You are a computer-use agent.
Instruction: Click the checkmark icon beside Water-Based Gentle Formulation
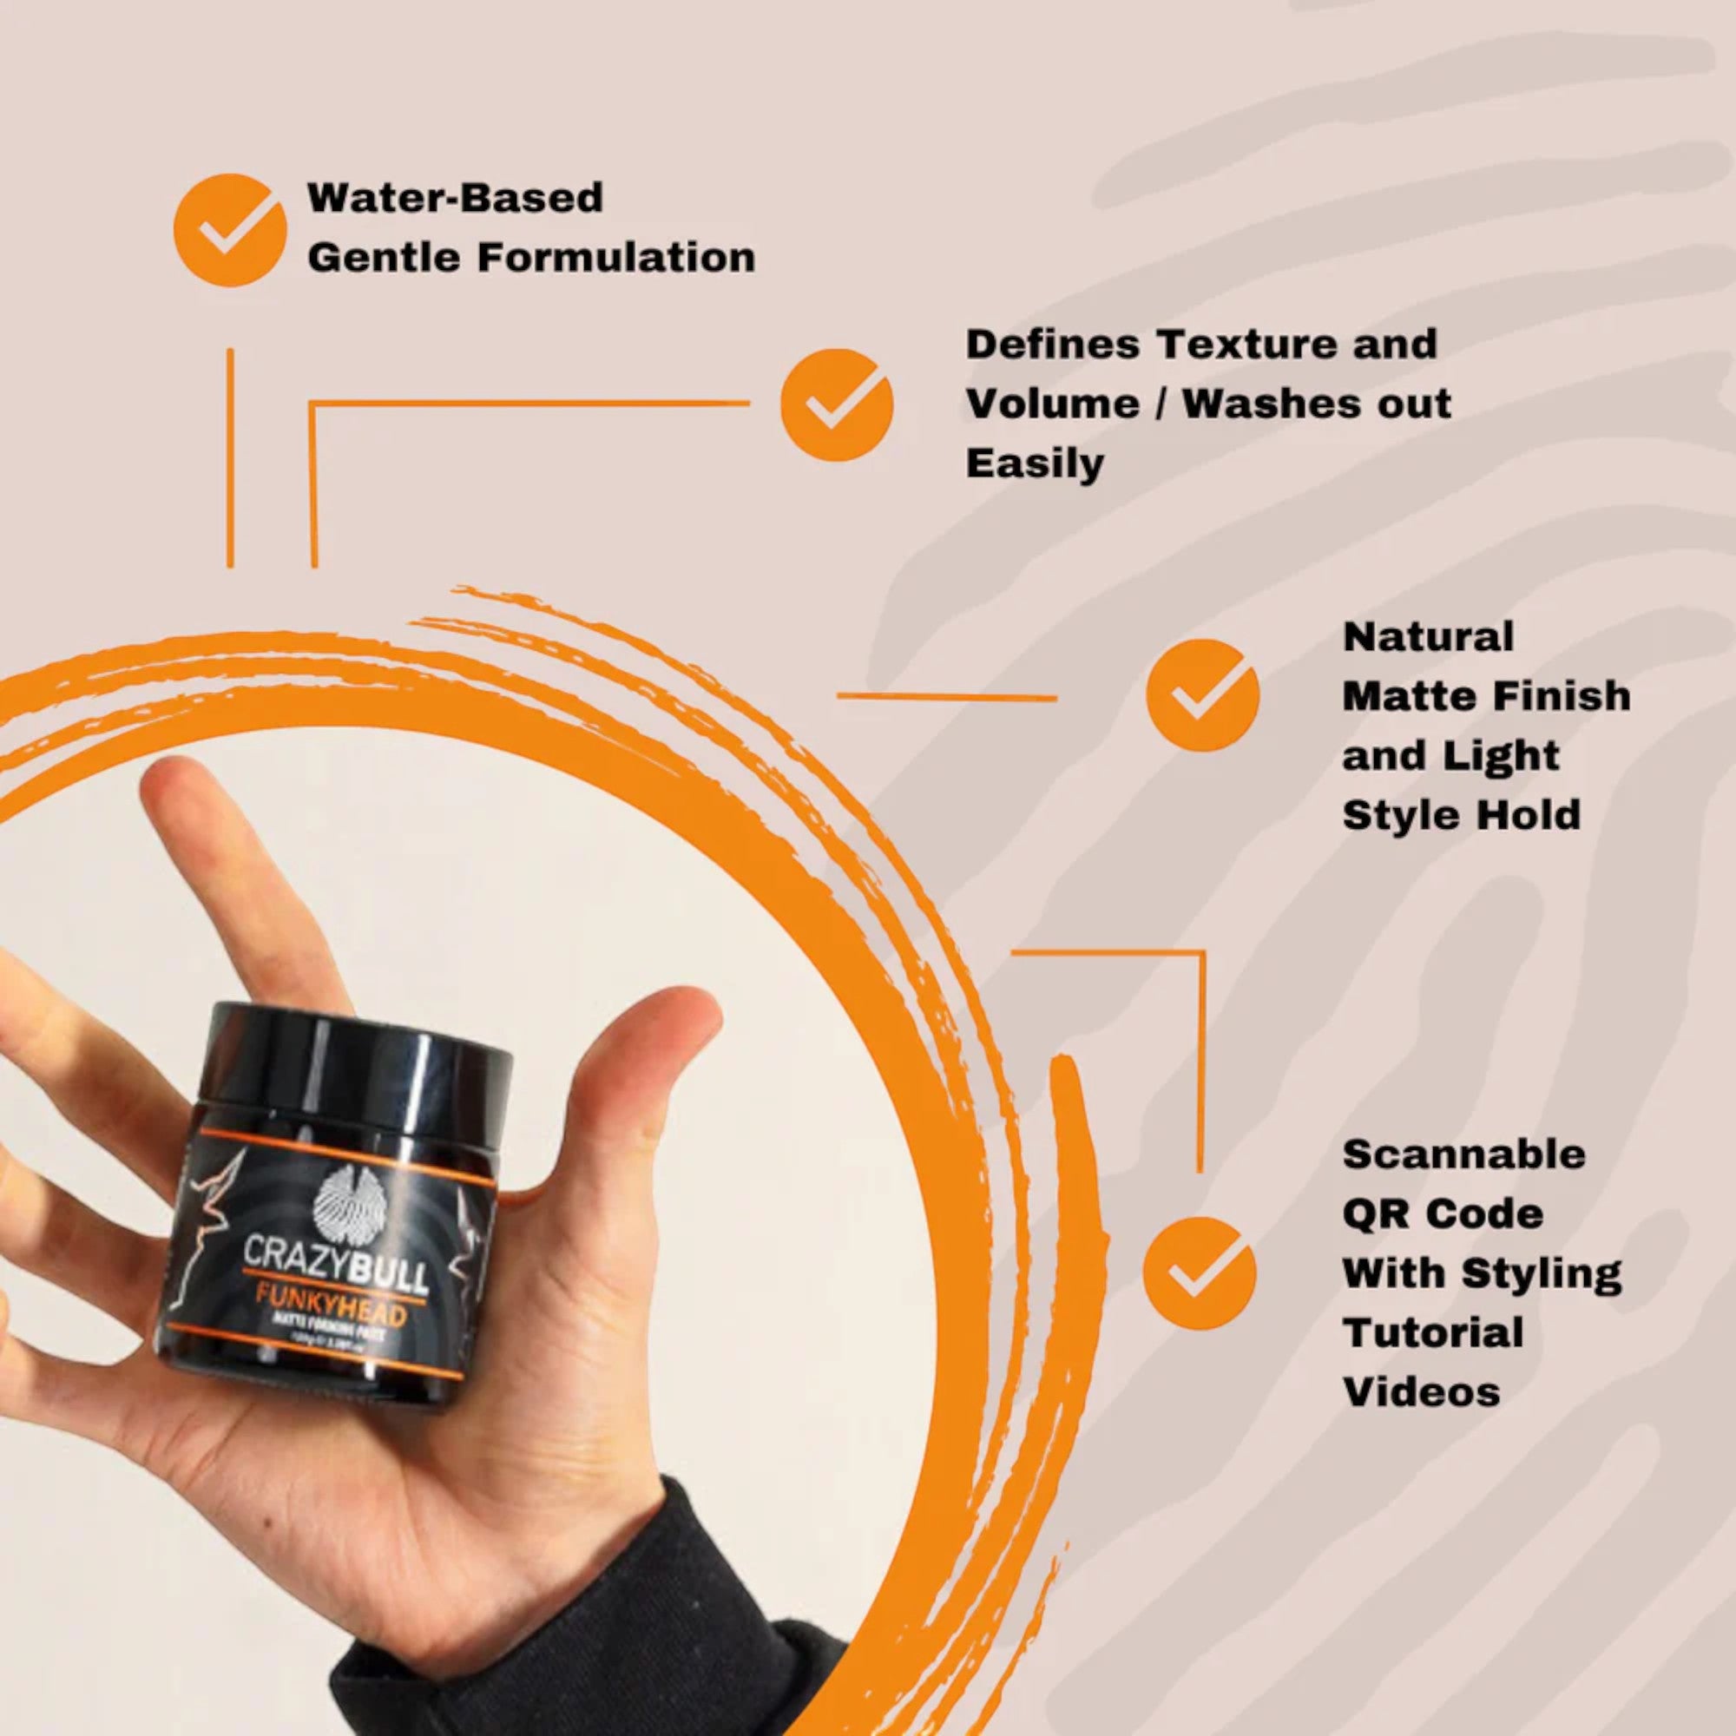click(x=229, y=230)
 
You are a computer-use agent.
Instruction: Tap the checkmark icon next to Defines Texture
click(x=836, y=405)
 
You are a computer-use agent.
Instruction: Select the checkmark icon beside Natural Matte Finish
click(x=1202, y=695)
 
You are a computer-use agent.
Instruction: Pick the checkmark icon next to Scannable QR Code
click(x=1199, y=1272)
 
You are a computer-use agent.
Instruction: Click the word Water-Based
click(x=455, y=199)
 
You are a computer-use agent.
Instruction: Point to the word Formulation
click(x=615, y=258)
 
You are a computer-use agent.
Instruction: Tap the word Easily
click(x=1035, y=464)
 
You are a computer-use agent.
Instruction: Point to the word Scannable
click(x=1463, y=1154)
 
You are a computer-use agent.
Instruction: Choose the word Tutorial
click(x=1432, y=1332)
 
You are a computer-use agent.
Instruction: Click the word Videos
click(x=1421, y=1392)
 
